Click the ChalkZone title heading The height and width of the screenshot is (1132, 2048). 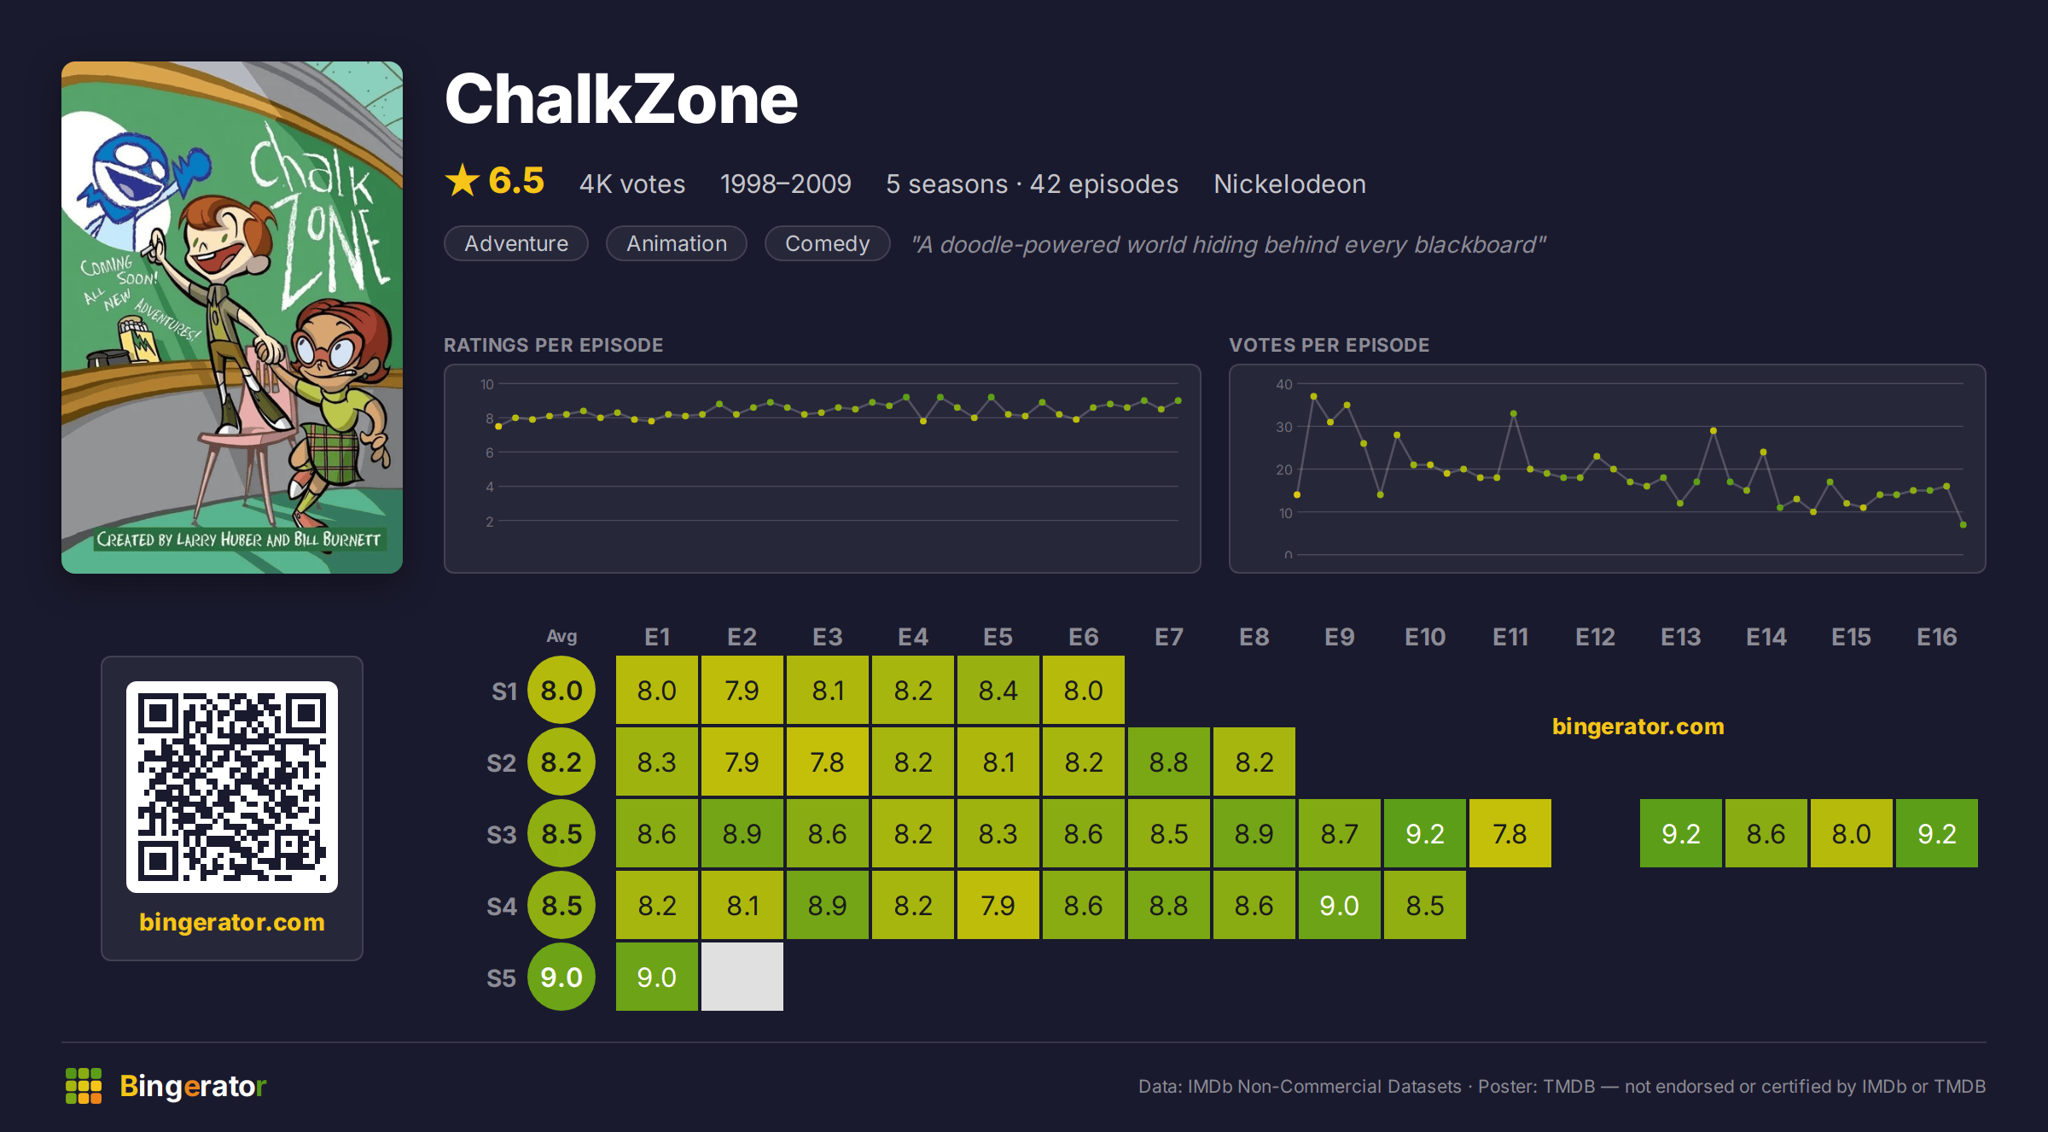[621, 99]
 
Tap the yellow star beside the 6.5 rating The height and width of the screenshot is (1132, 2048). [463, 180]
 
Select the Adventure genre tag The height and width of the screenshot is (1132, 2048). [516, 243]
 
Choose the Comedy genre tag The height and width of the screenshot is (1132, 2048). [827, 243]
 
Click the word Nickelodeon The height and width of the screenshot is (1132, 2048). [1289, 184]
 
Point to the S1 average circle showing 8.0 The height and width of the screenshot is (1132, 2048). [561, 690]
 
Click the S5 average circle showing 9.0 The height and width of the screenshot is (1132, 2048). [561, 977]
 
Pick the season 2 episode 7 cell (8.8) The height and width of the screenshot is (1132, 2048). [1169, 761]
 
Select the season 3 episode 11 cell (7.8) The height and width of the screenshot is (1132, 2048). [1510, 833]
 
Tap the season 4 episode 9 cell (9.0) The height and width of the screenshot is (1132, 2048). [1340, 905]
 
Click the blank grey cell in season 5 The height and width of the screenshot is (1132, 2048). [742, 977]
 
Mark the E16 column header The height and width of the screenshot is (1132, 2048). [1937, 637]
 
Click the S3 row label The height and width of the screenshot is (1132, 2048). [502, 834]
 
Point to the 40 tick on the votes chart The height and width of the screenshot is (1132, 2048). [1283, 384]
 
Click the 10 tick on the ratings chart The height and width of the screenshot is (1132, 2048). [486, 384]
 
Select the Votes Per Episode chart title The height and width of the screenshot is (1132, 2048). [1329, 345]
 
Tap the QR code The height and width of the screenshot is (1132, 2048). [232, 787]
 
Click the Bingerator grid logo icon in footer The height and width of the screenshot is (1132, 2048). [84, 1086]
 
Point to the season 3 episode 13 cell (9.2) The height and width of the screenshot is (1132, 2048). [1681, 833]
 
